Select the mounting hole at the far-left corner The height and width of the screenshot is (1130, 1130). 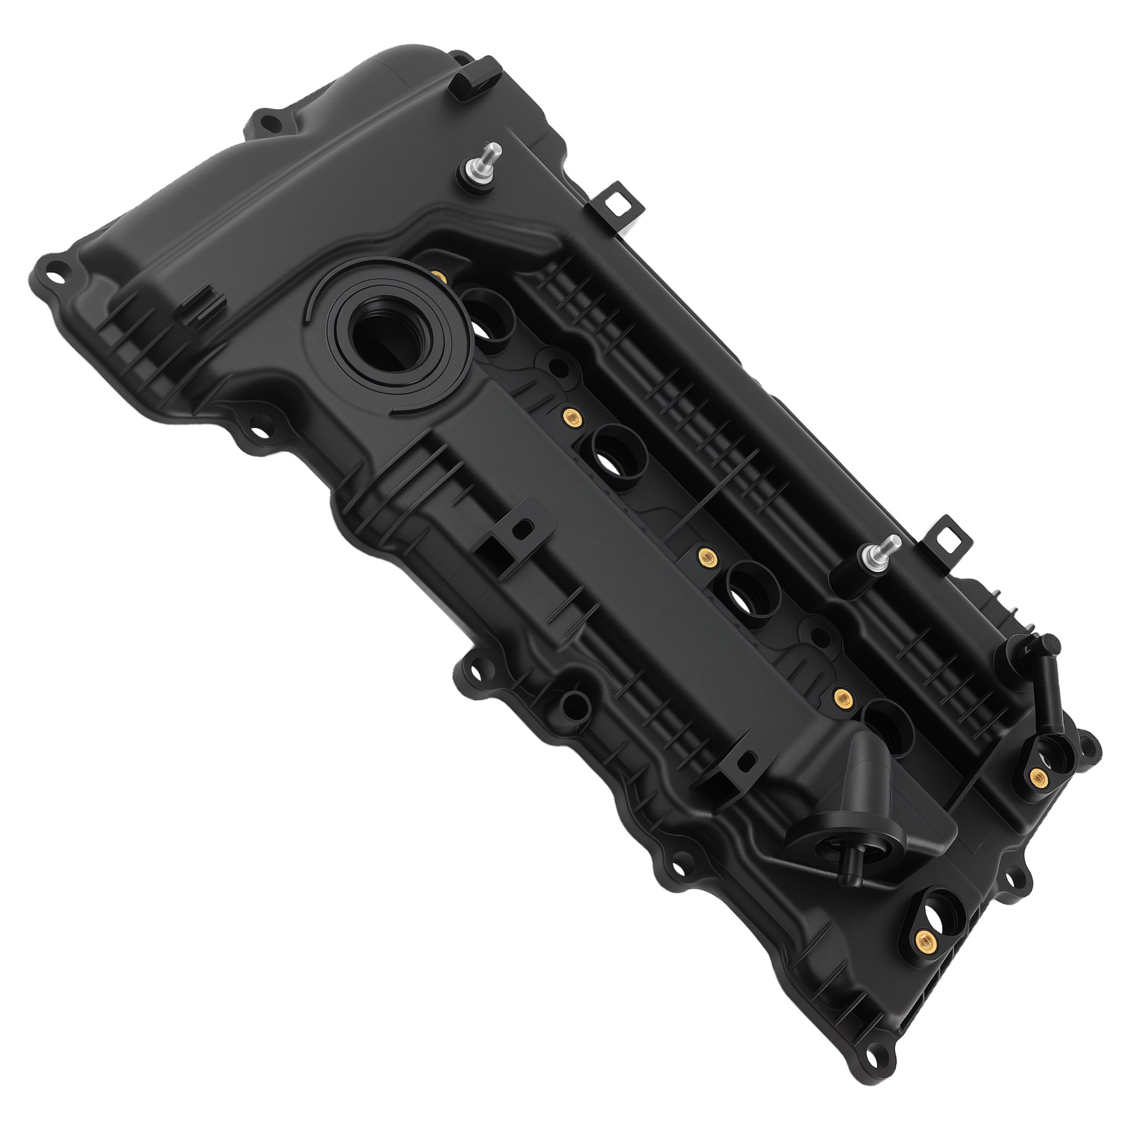(53, 268)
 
